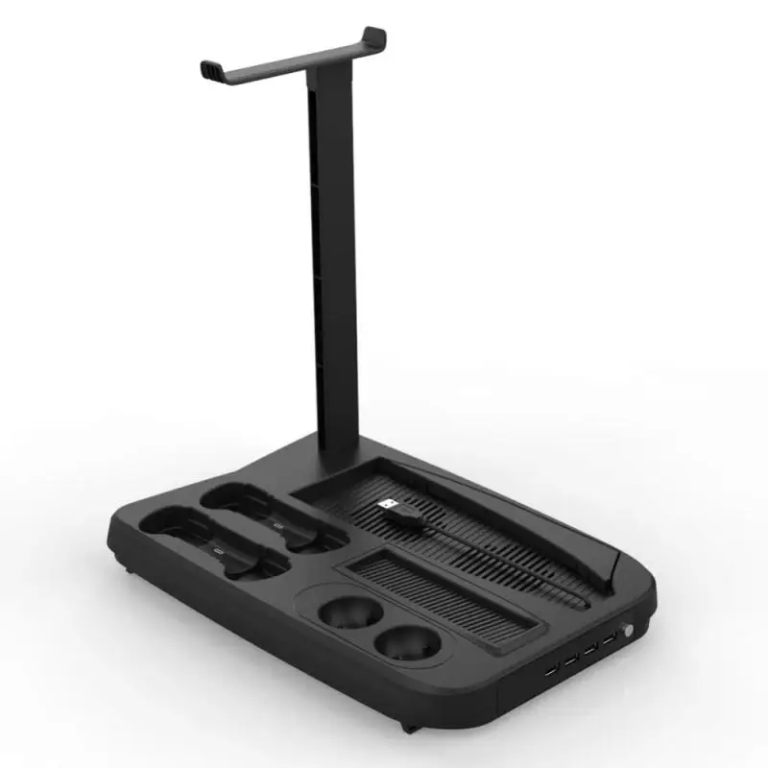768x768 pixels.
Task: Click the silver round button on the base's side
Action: [630, 634]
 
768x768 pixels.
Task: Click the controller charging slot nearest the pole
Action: [264, 514]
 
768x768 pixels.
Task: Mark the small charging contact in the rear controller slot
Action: [278, 525]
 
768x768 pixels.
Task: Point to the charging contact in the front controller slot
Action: [218, 554]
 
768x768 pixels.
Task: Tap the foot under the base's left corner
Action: [128, 569]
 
